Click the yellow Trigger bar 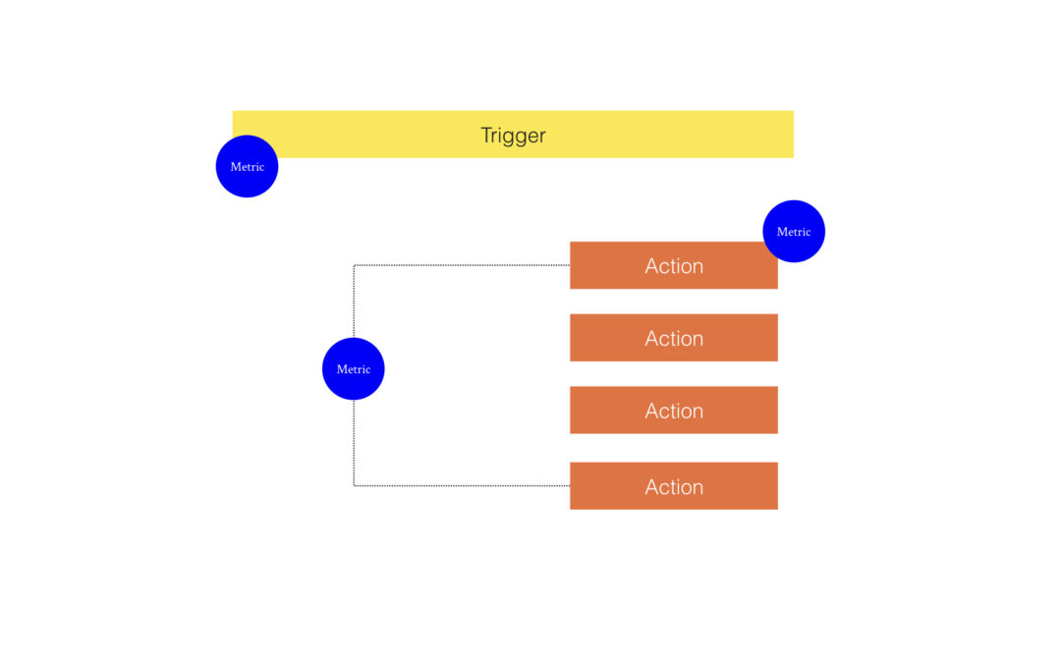[513, 134]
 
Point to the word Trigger [513, 136]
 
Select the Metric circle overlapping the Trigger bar [247, 166]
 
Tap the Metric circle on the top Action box [794, 232]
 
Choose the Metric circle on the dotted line [354, 368]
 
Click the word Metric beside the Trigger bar [247, 166]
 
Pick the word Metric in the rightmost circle [794, 232]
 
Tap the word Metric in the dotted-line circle [354, 368]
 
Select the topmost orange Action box [673, 265]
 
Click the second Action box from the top [673, 338]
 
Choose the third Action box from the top [673, 410]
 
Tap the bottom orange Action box [673, 486]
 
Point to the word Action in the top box [673, 266]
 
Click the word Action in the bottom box [673, 486]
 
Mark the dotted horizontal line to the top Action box [462, 265]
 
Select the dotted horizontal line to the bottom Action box [462, 486]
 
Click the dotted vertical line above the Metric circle [354, 302]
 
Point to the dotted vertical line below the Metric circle [354, 442]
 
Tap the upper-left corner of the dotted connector [354, 265]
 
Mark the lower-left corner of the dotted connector [354, 486]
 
